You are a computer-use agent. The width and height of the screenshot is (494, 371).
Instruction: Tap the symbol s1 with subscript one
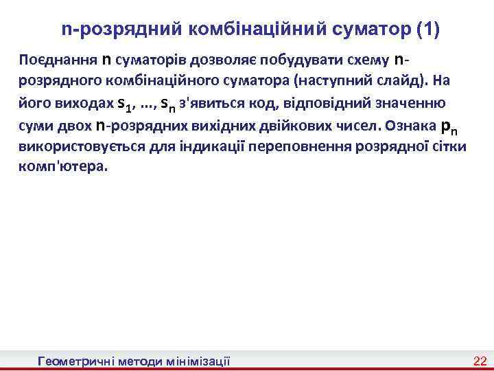pos(124,105)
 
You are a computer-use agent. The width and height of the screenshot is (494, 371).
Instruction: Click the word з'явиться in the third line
pos(210,104)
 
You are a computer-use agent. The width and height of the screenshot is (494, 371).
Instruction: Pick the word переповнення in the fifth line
pos(296,146)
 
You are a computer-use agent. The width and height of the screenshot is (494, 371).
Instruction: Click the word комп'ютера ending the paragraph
pos(63,166)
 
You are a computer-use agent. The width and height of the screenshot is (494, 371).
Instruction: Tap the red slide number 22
pos(480,361)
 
